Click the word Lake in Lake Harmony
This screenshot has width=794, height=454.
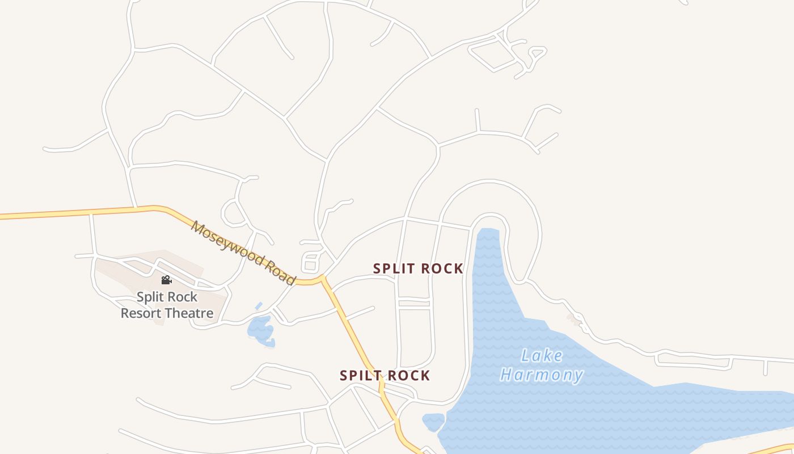(542, 356)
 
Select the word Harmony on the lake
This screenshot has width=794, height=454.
(542, 375)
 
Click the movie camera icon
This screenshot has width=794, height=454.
(166, 280)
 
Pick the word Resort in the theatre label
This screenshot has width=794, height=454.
(141, 313)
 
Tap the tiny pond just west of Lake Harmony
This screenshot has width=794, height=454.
(433, 422)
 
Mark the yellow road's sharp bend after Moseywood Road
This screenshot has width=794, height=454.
(323, 278)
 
